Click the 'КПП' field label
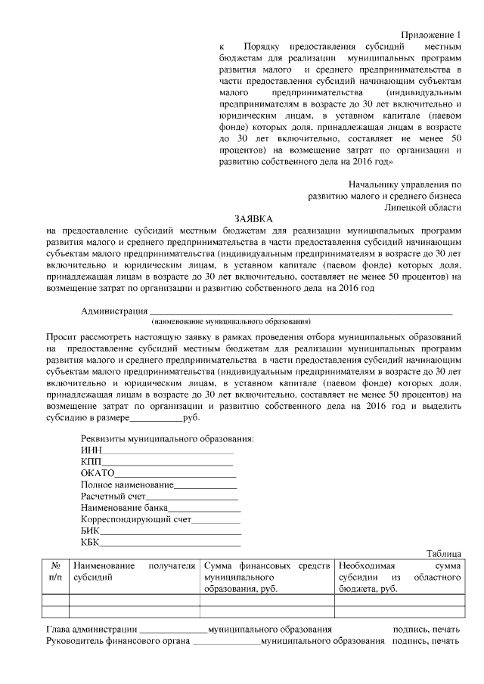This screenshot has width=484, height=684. coord(91,461)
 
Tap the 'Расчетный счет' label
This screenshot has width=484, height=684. coord(113,496)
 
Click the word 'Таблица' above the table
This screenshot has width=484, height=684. coord(443,554)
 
